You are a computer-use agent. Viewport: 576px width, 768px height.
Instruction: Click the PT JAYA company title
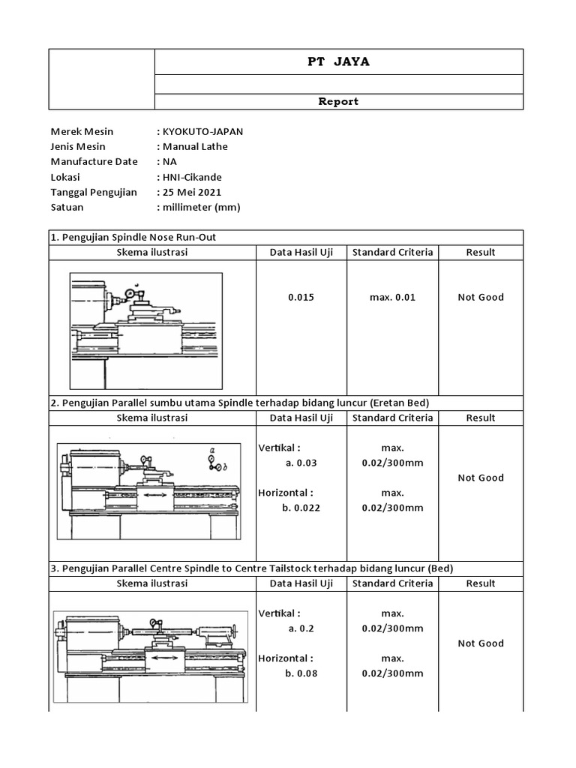point(338,61)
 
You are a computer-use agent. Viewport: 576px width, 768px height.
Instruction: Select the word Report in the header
point(338,101)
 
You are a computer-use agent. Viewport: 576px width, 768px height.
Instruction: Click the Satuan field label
point(67,207)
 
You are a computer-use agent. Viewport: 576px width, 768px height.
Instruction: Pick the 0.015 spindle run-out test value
point(301,297)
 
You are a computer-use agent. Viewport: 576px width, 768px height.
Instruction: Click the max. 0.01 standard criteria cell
point(392,297)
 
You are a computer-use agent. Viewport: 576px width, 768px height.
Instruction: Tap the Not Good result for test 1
point(481,297)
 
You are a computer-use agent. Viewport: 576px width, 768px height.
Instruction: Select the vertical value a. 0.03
point(301,463)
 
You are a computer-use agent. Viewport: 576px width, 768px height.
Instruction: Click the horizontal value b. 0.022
point(301,508)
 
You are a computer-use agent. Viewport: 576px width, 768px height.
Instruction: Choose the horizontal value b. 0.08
point(301,673)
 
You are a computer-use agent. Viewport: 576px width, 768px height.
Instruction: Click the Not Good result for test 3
point(481,643)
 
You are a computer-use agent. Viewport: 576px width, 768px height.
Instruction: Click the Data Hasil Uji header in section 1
point(301,252)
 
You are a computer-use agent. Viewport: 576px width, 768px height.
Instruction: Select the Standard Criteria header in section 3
point(392,583)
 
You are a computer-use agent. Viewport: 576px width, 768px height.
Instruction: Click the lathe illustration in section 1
point(146,319)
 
